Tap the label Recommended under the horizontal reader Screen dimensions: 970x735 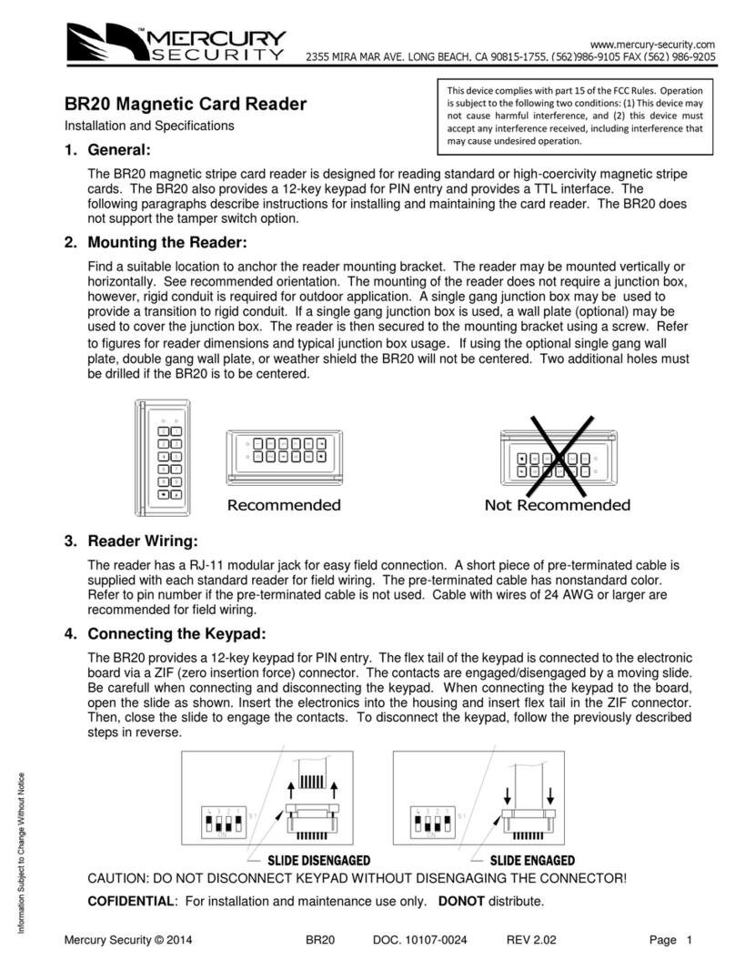click(284, 505)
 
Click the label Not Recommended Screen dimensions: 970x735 click(557, 505)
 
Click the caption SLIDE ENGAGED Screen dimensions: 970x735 click(532, 860)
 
